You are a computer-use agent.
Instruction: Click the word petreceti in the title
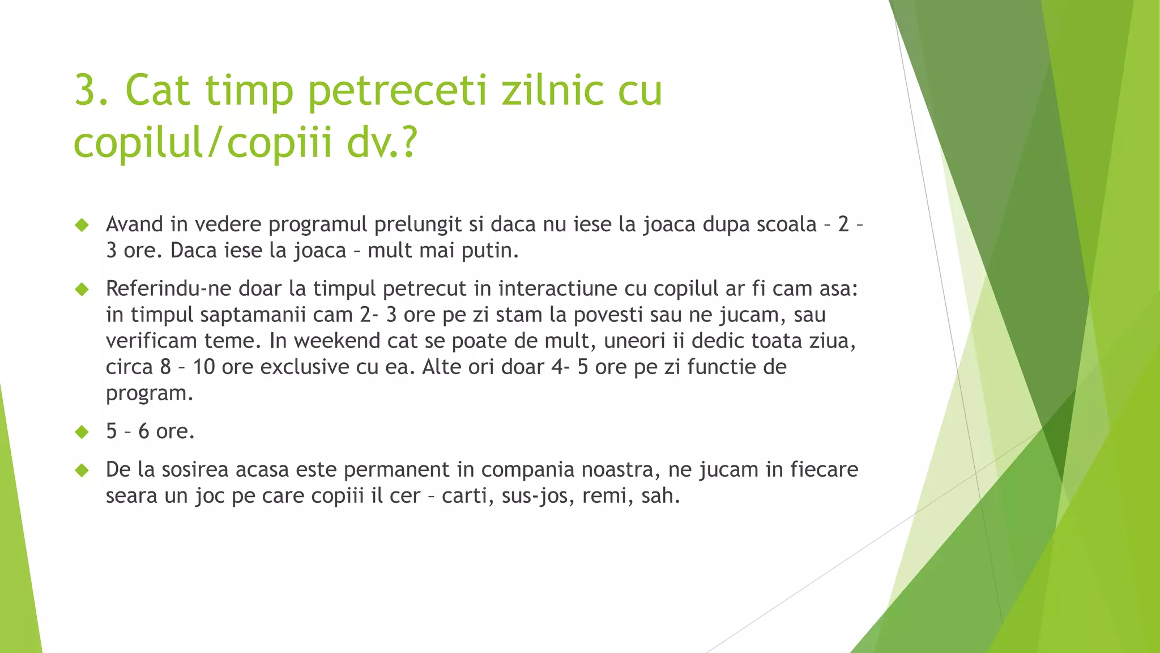point(397,91)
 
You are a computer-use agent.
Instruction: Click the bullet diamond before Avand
point(82,225)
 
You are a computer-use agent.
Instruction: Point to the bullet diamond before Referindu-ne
point(82,290)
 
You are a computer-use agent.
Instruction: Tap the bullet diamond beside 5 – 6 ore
point(82,432)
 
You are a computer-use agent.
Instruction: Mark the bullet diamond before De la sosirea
point(82,470)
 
